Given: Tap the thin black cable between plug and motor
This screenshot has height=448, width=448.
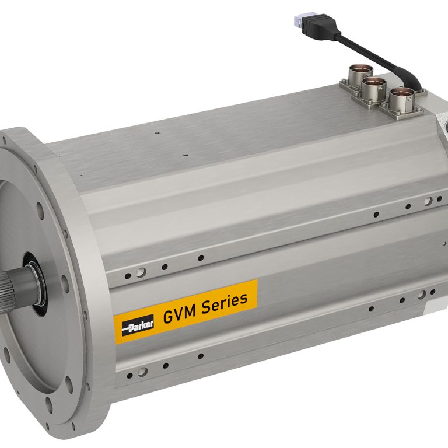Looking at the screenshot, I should pos(373,52).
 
